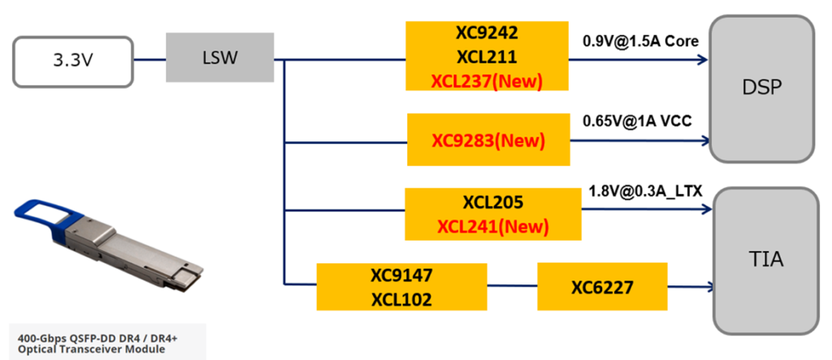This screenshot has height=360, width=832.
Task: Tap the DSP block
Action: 761,88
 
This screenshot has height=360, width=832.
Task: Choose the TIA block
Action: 765,259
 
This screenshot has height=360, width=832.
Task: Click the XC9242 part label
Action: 487,36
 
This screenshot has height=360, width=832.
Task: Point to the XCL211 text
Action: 487,59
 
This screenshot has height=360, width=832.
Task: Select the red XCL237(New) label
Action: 487,81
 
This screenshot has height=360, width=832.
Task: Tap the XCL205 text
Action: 492,202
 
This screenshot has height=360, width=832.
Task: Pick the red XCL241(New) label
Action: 492,225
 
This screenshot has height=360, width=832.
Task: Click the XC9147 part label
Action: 401,275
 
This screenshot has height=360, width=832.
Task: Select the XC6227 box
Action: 602,286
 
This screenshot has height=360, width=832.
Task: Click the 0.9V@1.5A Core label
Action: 640,41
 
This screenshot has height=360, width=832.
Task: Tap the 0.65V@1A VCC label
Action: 639,121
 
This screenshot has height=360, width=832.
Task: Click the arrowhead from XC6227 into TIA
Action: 709,286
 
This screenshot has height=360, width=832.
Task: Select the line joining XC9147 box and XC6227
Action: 512,286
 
